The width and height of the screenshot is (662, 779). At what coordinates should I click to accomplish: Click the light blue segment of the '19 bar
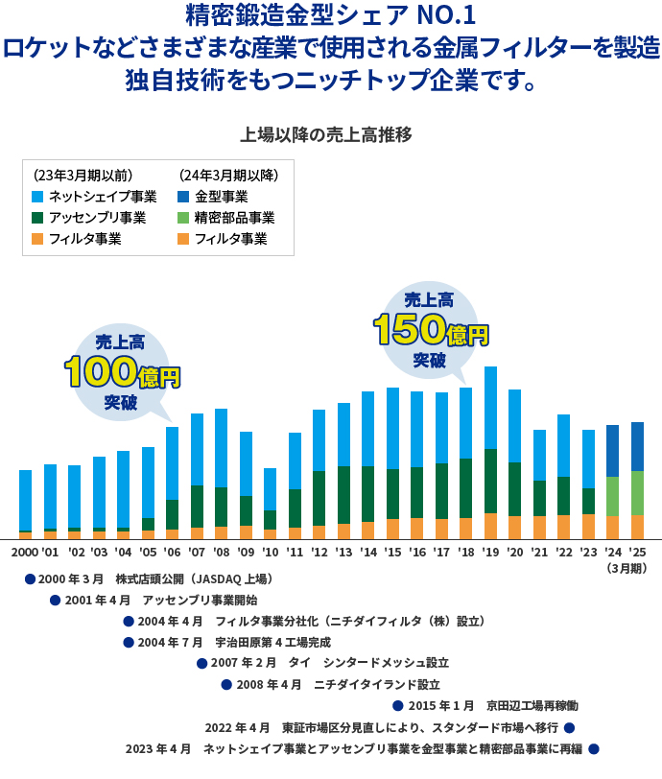point(490,408)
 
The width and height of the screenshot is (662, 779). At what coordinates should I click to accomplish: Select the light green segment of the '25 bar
point(637,493)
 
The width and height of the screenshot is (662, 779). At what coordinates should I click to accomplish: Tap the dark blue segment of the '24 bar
point(612,451)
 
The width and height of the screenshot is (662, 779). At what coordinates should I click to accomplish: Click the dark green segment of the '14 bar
point(367,494)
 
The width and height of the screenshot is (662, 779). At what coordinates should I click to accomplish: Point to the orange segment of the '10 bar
point(270,534)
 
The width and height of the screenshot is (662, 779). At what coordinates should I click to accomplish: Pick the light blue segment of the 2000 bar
point(26,499)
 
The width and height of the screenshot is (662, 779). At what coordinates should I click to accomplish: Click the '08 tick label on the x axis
point(222,554)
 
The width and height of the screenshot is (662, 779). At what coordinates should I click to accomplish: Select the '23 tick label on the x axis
point(588,554)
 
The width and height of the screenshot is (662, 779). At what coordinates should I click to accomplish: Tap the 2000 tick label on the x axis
point(24,554)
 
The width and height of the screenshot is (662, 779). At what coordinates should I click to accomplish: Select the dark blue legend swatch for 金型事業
point(183,197)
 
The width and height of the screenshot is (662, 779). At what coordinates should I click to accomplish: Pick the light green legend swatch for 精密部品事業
point(183,218)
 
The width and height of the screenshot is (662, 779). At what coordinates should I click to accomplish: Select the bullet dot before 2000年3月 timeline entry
point(30,579)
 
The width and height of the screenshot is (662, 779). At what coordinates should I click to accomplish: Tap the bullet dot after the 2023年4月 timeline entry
point(593,748)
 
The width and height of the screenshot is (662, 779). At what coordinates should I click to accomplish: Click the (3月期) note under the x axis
point(627,569)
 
